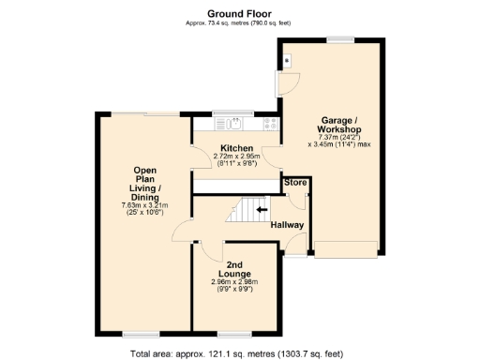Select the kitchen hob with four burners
pyautogui.click(x=272, y=123)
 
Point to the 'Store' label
pyautogui.click(x=296, y=182)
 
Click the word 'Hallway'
pyautogui.click(x=287, y=225)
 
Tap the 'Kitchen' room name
pyautogui.click(x=236, y=149)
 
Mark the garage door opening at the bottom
pyautogui.click(x=346, y=248)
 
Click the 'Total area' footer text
pyautogui.click(x=239, y=352)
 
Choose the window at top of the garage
pyautogui.click(x=339, y=39)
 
